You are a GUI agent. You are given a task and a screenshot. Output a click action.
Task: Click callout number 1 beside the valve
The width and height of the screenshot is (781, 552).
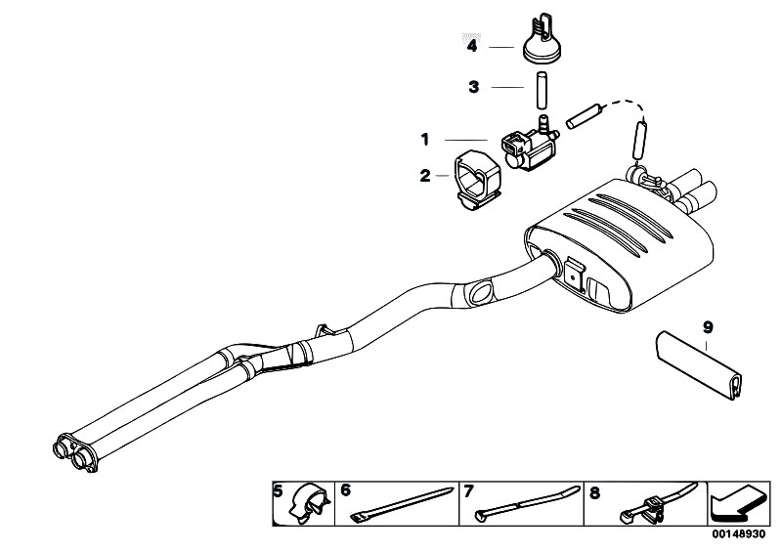click(x=425, y=140)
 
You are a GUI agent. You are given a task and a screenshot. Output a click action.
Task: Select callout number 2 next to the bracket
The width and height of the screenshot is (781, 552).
click(x=425, y=176)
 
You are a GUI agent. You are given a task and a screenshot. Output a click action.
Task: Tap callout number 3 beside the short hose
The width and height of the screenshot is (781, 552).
click(x=474, y=87)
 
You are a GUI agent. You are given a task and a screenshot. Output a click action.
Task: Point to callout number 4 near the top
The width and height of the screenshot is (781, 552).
click(x=472, y=46)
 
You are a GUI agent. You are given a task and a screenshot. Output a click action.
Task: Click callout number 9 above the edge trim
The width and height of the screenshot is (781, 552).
click(x=708, y=327)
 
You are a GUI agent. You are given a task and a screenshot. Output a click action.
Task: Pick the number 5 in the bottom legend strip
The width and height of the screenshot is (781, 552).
click(x=279, y=491)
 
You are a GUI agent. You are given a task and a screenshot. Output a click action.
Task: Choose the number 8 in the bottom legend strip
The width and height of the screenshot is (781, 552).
click(x=594, y=492)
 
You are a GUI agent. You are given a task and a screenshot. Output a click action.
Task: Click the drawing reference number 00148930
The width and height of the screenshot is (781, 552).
click(x=739, y=534)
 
